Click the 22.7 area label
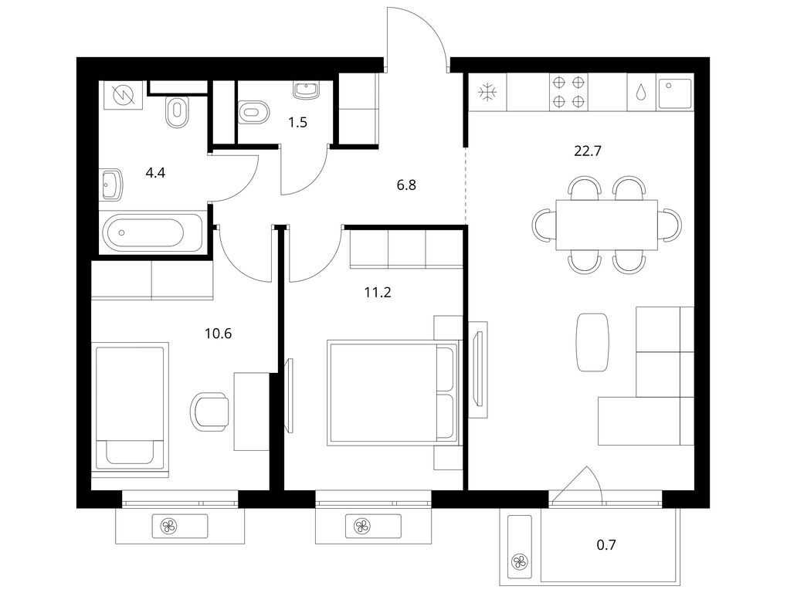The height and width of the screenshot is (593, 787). [x=587, y=151]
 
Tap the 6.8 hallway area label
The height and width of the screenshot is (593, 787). [x=406, y=185]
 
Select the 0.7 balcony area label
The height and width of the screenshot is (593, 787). [x=606, y=544]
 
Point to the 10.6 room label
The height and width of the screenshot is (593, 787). [x=219, y=333]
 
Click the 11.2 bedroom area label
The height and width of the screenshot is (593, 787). [x=378, y=292]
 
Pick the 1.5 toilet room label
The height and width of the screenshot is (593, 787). [x=297, y=123]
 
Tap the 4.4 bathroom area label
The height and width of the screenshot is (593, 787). [x=155, y=173]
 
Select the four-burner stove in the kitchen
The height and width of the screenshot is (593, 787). [x=569, y=93]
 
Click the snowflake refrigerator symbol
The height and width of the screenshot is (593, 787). [x=487, y=93]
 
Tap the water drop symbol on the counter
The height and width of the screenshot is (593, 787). [x=641, y=92]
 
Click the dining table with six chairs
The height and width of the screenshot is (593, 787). [x=606, y=225]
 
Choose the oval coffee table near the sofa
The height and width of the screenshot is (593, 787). [x=592, y=341]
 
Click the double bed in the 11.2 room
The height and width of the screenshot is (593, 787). [x=392, y=392]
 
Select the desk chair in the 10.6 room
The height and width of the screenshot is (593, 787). [x=210, y=410]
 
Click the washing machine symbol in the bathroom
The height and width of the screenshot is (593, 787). [x=124, y=95]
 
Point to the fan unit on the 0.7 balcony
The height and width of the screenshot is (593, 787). [x=519, y=561]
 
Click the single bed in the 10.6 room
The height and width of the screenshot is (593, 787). [x=130, y=407]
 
